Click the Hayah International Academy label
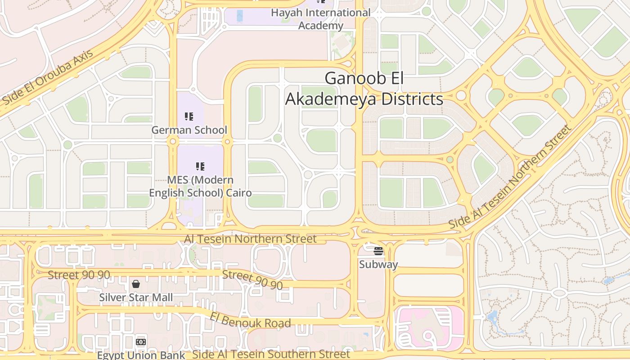pos(320,19)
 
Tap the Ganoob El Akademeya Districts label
pos(364,89)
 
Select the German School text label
pos(189,130)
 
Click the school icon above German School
pos(189,117)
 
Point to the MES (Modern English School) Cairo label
pos(200,186)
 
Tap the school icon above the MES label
pos(200,166)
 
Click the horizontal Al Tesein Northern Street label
pos(250,238)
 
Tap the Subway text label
pos(378,264)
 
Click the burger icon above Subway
pos(378,251)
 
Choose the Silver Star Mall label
pos(135,297)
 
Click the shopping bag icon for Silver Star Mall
pos(135,284)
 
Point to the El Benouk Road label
pos(250,319)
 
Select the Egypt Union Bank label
pos(141,355)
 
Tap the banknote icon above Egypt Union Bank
pos(141,342)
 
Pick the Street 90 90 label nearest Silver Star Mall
pos(79,275)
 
